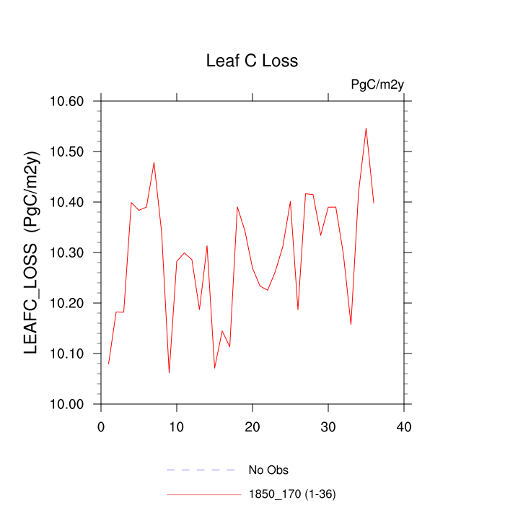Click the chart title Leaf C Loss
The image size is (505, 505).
click(x=252, y=61)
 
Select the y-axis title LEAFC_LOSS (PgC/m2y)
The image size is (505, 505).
click(x=32, y=252)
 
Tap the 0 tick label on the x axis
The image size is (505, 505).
click(x=101, y=427)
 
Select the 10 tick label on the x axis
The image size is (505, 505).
click(x=177, y=427)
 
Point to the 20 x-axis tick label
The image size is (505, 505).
click(x=252, y=427)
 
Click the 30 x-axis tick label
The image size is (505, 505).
click(x=328, y=427)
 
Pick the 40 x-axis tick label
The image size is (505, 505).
click(x=404, y=427)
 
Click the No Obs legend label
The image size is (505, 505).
click(x=268, y=470)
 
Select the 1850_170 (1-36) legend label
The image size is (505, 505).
click(x=292, y=494)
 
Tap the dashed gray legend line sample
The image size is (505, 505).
click(x=202, y=470)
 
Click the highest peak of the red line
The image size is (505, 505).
click(x=366, y=128)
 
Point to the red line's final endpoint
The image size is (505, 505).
click(x=374, y=202)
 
